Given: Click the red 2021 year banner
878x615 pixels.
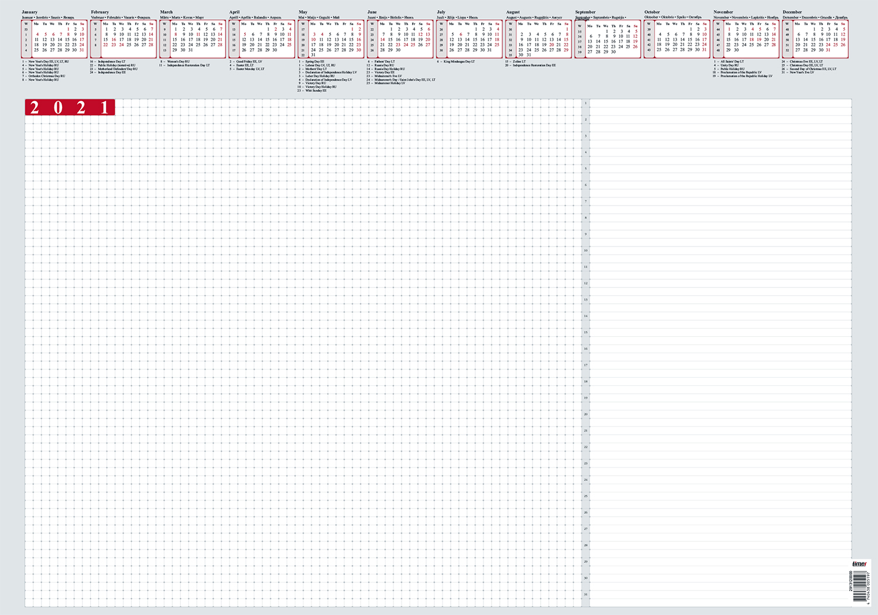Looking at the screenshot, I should [x=70, y=107].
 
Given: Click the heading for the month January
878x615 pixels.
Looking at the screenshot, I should [x=30, y=12].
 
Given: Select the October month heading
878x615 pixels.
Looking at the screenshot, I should [x=652, y=12].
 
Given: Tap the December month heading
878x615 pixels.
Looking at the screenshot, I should [x=792, y=12].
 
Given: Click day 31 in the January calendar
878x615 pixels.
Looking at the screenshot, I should [x=82, y=50].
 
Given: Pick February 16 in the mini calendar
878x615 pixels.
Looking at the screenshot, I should [x=114, y=39].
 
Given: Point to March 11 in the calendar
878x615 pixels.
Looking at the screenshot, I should [x=198, y=35].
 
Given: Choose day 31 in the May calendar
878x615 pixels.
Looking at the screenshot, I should [x=313, y=55].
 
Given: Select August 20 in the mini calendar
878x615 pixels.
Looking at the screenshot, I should [x=551, y=45].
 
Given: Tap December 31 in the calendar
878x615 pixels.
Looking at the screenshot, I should [x=828, y=50].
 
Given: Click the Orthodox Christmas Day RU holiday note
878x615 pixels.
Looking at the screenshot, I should [x=46, y=76].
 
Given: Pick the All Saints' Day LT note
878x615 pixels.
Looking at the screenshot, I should [x=732, y=61].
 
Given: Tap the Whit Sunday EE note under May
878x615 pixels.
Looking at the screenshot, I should [x=315, y=91].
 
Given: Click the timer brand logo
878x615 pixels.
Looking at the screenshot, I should [x=859, y=564].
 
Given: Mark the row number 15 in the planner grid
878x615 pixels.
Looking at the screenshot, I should [x=585, y=333].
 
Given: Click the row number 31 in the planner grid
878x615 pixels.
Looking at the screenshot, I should [x=585, y=594].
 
